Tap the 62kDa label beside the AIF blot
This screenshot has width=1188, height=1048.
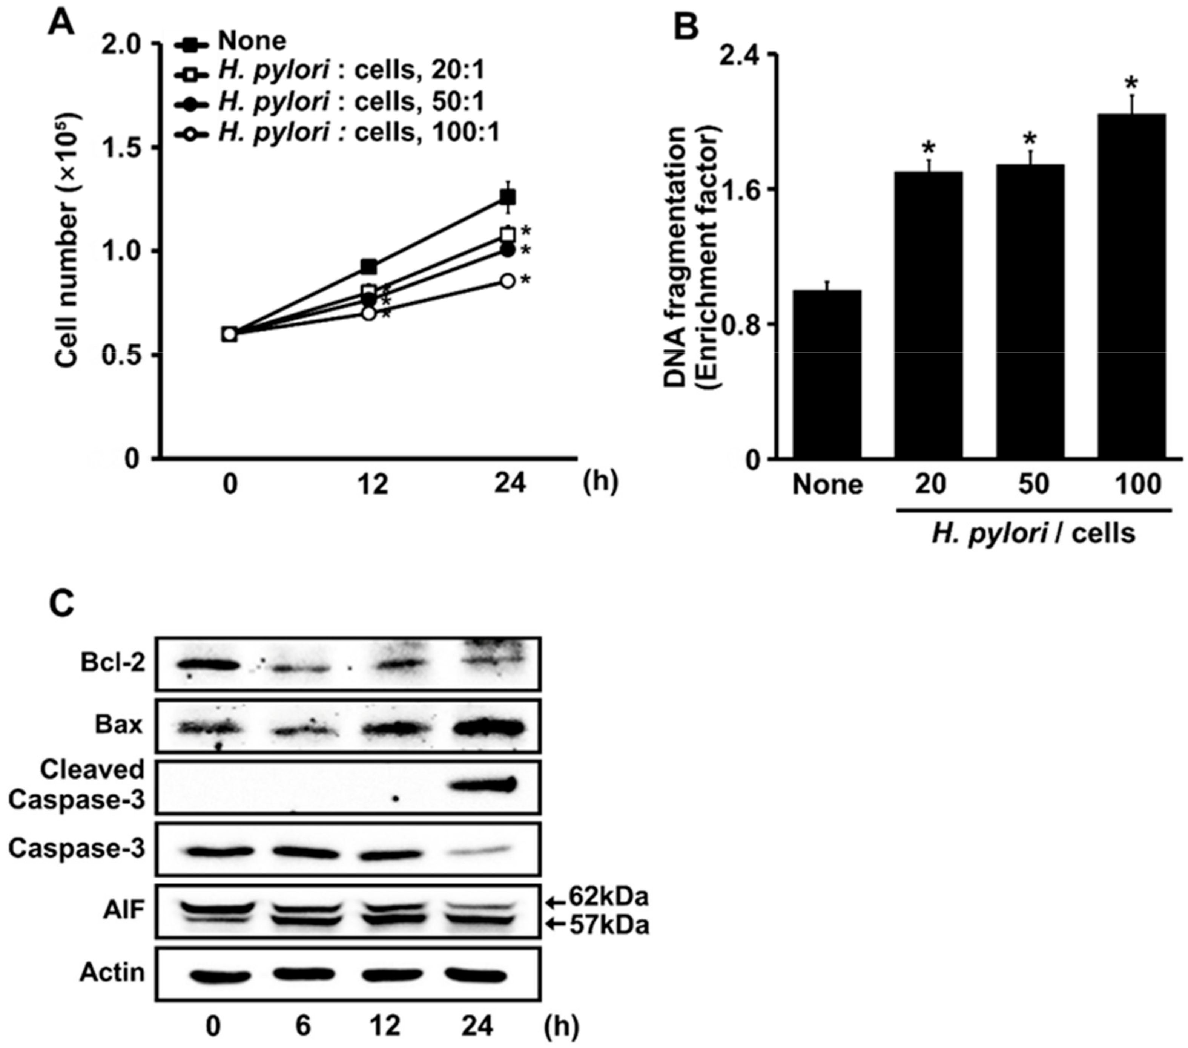point(608,898)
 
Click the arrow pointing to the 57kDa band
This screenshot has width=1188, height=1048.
point(556,923)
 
